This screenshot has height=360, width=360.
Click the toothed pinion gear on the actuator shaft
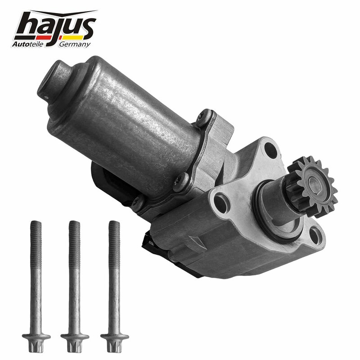[313, 186]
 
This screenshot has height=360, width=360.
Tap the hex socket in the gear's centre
[314, 183]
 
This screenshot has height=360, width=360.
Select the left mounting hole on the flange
[221, 203]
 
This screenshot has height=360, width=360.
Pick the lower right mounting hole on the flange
[315, 235]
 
